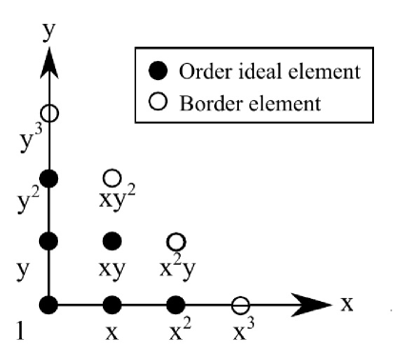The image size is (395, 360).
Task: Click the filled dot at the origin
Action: tap(49, 305)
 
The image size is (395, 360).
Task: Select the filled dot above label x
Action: tap(112, 305)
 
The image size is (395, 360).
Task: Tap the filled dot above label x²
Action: tap(176, 305)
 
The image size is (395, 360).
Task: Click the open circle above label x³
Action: tap(241, 305)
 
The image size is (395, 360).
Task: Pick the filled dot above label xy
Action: tap(112, 242)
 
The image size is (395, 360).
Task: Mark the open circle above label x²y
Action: tap(176, 242)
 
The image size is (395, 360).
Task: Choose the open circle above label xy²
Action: tap(112, 178)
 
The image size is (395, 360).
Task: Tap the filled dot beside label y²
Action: tap(49, 178)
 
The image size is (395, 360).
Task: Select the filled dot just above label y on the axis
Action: tap(49, 242)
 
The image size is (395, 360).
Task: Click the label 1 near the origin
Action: tap(21, 331)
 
